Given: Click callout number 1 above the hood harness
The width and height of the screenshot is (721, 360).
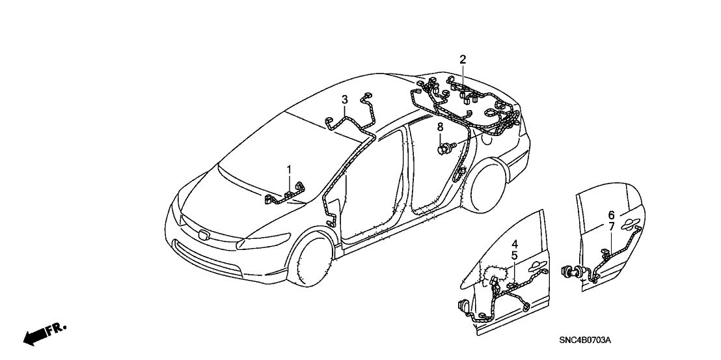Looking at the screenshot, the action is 289,170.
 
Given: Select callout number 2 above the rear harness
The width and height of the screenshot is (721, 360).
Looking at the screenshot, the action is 463,59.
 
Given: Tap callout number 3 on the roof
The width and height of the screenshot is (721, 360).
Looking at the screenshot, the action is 344,100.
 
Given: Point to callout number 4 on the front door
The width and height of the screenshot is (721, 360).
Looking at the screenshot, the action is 515,243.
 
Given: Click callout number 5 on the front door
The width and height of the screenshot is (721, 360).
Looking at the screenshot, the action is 515,255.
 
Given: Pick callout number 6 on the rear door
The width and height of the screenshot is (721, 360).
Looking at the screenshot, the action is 611,215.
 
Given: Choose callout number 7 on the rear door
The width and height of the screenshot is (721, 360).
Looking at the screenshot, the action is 611,226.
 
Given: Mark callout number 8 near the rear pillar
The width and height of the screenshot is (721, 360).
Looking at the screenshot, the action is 440,127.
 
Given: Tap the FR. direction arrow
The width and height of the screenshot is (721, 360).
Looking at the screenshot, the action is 45,333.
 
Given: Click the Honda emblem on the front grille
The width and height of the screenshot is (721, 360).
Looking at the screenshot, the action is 204,234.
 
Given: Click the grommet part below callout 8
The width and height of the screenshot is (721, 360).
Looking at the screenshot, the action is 446,148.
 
